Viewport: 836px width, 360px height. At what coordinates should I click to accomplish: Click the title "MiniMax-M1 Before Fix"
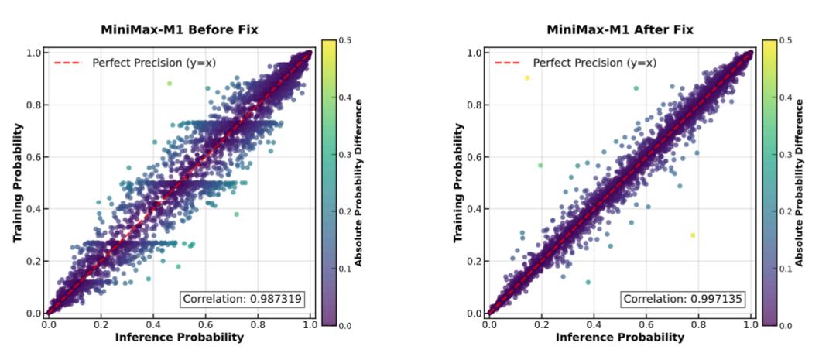[x=179, y=29]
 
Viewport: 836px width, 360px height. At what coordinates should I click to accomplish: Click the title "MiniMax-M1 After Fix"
[x=620, y=29]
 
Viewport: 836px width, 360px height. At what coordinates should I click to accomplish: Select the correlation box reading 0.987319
[x=242, y=299]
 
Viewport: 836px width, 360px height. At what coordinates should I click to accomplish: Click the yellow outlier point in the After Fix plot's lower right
[x=693, y=235]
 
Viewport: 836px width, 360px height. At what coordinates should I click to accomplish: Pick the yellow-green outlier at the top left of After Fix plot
[x=527, y=77]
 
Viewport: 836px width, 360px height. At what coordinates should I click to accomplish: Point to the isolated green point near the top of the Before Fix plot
[x=170, y=84]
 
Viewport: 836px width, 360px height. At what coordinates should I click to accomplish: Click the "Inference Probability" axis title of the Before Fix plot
[x=179, y=338]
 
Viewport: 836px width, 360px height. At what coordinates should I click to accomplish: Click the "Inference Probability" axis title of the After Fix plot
[x=620, y=338]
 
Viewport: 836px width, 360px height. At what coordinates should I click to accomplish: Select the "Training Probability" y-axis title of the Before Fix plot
[x=16, y=182]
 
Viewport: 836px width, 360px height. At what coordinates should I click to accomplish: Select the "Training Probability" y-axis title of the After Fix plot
[x=457, y=182]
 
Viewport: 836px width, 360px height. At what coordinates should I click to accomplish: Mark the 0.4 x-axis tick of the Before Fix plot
[x=152, y=324]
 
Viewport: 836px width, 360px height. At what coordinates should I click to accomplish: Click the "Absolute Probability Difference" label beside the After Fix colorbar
[x=800, y=182]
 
